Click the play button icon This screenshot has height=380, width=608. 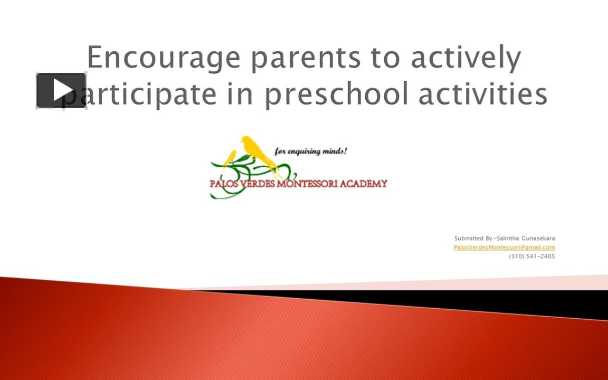[x=61, y=91]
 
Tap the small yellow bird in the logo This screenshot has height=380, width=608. [x=230, y=157]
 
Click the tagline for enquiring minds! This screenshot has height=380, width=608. [x=311, y=151]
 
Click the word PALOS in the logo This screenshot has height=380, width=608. [x=225, y=184]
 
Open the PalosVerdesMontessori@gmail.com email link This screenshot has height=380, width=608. [x=504, y=247]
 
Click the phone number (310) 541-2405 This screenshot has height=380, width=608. [x=531, y=256]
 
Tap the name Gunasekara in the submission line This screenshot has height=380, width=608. [x=538, y=239]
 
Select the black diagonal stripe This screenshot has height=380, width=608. [x=475, y=300]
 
